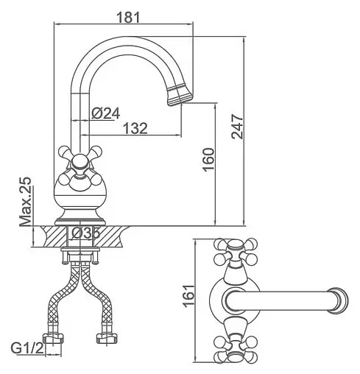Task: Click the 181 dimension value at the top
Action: [x=128, y=17]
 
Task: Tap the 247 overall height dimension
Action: [x=237, y=126]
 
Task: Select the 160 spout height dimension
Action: [x=208, y=159]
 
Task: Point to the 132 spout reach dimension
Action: [x=135, y=128]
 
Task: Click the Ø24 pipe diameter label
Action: [x=106, y=113]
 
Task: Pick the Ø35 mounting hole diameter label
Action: [x=85, y=233]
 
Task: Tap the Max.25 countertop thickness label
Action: [x=26, y=201]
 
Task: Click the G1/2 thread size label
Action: [x=27, y=348]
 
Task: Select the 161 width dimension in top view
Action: [x=188, y=296]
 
